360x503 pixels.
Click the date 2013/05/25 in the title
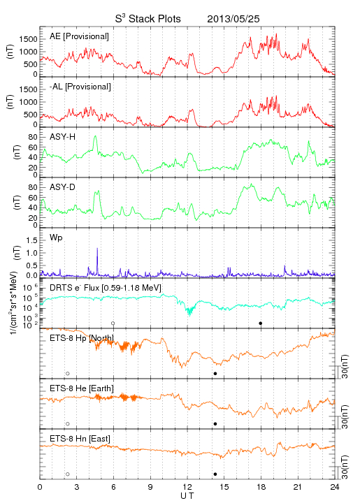pos(233,19)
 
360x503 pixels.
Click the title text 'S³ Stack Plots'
pos(148,19)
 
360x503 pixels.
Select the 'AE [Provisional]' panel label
pos(79,36)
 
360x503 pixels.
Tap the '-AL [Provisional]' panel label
pos(80,87)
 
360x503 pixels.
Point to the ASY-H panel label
pos(63,137)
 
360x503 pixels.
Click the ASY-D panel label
pos(63,187)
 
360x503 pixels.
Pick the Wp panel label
pos(56,238)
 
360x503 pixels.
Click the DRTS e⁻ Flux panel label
pos(106,288)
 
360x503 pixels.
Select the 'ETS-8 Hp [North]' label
pos(82,338)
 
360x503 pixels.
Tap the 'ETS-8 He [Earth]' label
pos(82,388)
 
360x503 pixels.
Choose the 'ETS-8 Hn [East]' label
pos(80,439)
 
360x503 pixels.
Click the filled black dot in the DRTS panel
pos(261,323)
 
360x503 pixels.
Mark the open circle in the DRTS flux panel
pos(113,323)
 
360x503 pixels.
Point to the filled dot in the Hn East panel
pos(215,474)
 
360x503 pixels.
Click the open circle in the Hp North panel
pos(68,374)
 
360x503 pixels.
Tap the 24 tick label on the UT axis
pos(335,487)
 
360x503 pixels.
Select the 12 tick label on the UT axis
pos(187,487)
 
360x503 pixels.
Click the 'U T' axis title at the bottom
pos(187,496)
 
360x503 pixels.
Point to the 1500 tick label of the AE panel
pos(28,39)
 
